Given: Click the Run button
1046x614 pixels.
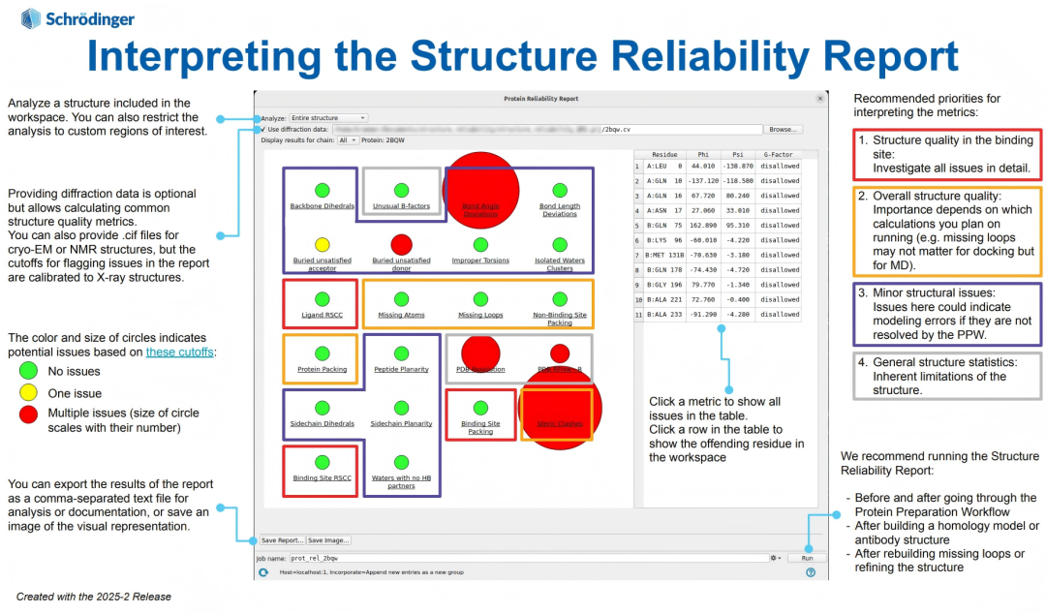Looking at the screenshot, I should coord(806,558).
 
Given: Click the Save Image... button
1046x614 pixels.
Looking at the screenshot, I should coord(328,540).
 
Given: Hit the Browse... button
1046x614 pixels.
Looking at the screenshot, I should coord(784,129).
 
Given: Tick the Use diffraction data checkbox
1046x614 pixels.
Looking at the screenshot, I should coord(261,129).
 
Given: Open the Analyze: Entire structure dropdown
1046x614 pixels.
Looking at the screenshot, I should coord(327,118).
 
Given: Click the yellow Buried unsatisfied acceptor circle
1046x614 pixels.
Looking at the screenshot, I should coord(322,245).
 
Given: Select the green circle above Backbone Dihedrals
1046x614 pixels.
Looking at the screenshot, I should coord(322,191).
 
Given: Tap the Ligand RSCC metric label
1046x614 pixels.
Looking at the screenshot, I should coord(322,315).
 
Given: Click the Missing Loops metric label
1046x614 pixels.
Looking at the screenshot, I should coord(480,315).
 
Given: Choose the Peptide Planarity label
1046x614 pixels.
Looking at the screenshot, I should coord(401,369).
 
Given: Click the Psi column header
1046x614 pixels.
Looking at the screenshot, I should coord(737,154).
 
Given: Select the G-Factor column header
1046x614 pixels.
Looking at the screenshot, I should coord(780,154).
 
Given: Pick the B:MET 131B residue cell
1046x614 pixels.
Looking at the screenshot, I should coord(664,255).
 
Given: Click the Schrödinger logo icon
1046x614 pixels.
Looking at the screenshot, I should coord(30,18).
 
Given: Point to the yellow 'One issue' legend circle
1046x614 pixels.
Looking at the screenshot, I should coord(28,392).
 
